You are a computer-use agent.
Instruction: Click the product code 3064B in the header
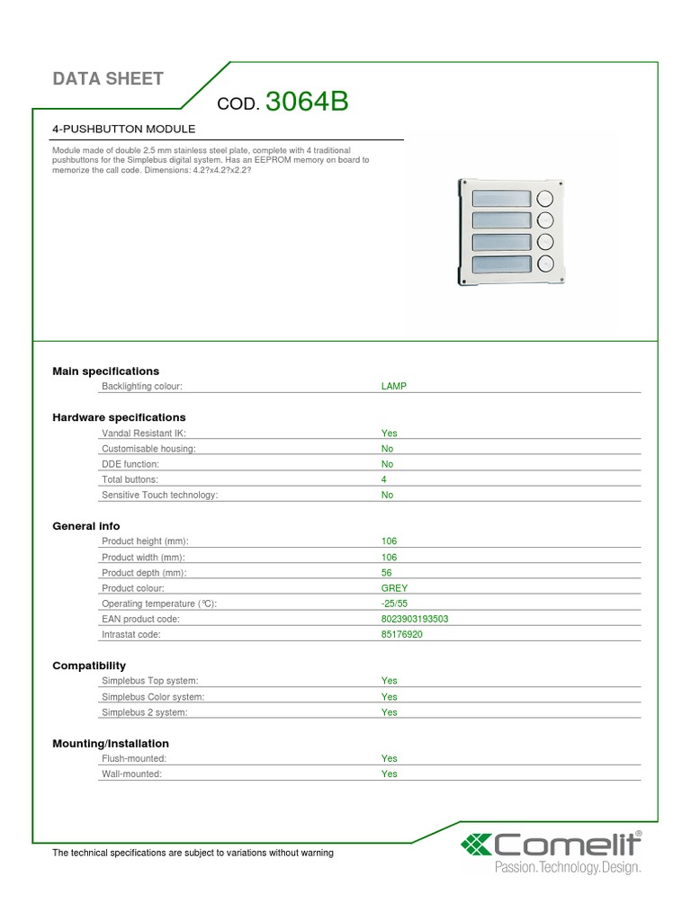pos(307,103)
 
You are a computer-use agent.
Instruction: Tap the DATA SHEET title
pos(108,79)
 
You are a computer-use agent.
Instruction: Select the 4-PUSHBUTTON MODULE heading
pos(124,130)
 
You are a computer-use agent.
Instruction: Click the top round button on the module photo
pos(545,199)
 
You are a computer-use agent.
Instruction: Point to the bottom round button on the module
pos(545,264)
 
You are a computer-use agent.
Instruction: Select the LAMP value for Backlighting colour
pos(394,386)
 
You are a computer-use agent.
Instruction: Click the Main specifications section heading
pos(105,371)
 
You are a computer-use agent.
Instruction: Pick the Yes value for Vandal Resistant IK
pos(389,433)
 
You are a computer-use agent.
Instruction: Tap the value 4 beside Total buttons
pos(384,479)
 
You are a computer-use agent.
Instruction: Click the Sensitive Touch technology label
pos(160,495)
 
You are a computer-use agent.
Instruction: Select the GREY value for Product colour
pos(394,587)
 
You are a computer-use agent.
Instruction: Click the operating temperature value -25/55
pos(395,604)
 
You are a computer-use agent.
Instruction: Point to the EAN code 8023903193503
pos(415,619)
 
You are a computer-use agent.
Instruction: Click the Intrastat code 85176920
pos(402,634)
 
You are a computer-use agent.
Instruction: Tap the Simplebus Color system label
pos(153,696)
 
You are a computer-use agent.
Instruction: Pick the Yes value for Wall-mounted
pos(389,773)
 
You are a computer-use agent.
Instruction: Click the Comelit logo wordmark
pos(564,845)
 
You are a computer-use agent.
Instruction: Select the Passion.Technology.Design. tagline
pos(568,868)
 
